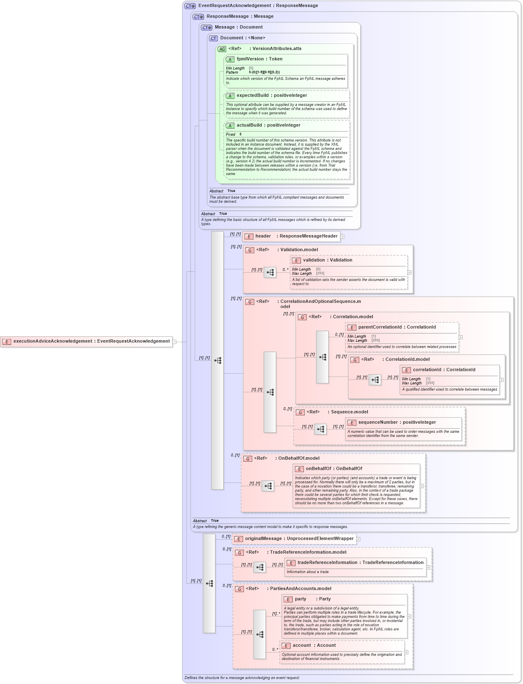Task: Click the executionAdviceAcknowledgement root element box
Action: (86, 341)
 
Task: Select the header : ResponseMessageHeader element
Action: (291, 236)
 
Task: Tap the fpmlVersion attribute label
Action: (259, 59)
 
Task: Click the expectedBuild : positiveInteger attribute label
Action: (272, 96)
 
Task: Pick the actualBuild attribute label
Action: (268, 125)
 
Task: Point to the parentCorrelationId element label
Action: (397, 327)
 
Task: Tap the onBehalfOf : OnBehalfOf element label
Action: (334, 469)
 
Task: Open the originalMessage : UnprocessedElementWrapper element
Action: (294, 539)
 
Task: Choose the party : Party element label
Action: (312, 599)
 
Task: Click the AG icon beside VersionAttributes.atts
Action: (222, 49)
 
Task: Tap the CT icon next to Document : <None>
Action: (213, 38)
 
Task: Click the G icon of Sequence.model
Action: (301, 413)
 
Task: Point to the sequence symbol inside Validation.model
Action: (270, 272)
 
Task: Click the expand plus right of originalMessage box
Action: (358, 539)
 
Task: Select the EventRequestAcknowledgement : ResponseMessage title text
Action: (258, 6)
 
